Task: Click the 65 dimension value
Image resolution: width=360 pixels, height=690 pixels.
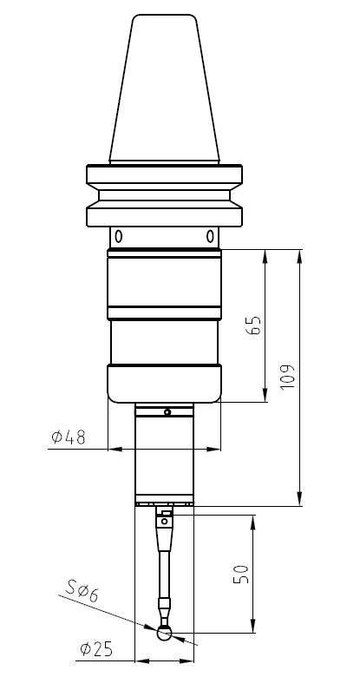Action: coord(254,325)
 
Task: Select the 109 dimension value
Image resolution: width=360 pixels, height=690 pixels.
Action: coord(287,377)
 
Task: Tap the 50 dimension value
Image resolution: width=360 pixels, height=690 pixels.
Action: coord(241,574)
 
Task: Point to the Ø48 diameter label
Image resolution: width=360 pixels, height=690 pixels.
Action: coord(69,437)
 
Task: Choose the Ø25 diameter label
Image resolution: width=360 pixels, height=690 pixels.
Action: coord(96,649)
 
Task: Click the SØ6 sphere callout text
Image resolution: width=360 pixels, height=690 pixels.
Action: coord(82,591)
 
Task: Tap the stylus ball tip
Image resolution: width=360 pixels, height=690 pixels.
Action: coord(164,634)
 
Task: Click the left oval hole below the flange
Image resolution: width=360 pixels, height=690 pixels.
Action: coord(118,236)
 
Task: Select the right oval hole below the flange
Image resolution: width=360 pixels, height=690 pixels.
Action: coord(210,236)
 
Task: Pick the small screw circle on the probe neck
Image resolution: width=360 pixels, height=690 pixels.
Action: coord(167,412)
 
